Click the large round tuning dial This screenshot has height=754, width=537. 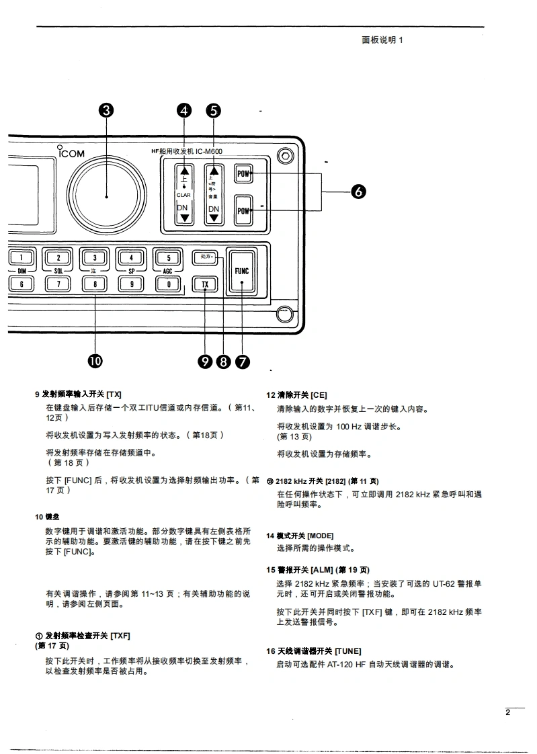click(106, 196)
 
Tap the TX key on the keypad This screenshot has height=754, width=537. click(205, 284)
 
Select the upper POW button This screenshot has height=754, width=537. click(243, 174)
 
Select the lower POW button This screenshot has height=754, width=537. click(243, 211)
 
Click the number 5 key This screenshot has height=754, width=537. click(168, 257)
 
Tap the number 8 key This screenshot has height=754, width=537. click(95, 284)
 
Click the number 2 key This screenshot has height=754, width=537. click(58, 257)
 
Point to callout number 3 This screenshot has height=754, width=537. click(106, 112)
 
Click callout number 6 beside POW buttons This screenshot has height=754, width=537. click(358, 192)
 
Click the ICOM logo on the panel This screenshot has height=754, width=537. click(71, 153)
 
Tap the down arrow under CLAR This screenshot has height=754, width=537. click(183, 218)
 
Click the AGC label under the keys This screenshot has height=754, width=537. click(168, 271)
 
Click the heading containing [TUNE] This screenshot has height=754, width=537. click(313, 651)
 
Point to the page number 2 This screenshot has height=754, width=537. click(508, 713)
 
